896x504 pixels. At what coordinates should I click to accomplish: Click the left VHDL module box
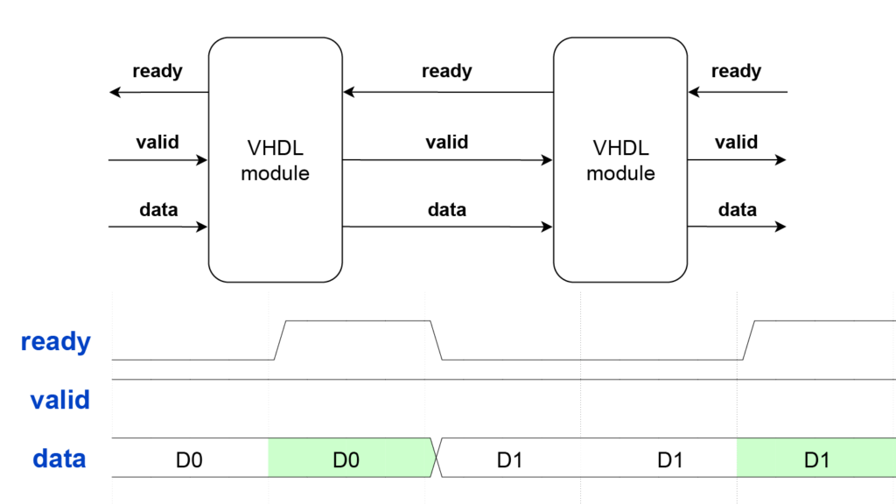[x=275, y=159]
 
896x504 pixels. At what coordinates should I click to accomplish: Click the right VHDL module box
[x=619, y=159]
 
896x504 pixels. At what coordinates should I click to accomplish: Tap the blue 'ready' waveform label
[x=56, y=341]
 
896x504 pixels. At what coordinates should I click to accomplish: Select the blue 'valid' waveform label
[x=59, y=400]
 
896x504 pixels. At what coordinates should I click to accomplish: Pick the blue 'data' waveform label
[x=59, y=458]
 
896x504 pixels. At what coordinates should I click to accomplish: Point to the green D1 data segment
[x=815, y=458]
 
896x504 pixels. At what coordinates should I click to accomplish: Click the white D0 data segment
[x=190, y=458]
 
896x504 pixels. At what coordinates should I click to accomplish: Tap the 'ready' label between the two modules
[x=446, y=72]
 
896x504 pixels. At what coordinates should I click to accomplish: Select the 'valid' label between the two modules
[x=446, y=142]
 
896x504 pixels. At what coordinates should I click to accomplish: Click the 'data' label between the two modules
[x=446, y=210]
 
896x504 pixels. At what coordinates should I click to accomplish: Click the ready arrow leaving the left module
[x=158, y=92]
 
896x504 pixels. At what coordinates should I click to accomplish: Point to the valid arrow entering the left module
[x=158, y=160]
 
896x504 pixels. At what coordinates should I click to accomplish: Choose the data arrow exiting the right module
[x=736, y=227]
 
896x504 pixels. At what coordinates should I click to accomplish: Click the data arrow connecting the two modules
[x=447, y=227]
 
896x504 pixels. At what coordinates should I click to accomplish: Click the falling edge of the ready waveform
[x=437, y=340]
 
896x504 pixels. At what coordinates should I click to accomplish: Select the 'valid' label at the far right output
[x=736, y=142]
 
